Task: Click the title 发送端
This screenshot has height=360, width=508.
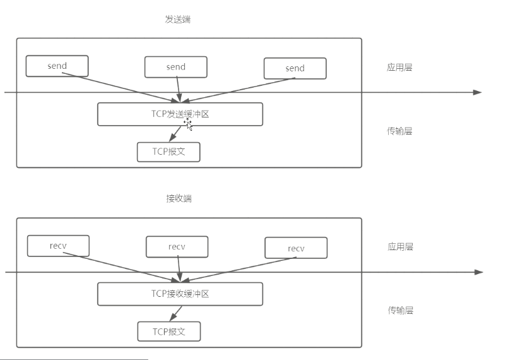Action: click(x=177, y=19)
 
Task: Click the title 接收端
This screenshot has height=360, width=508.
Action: click(x=179, y=198)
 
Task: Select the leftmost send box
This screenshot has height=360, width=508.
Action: click(x=57, y=66)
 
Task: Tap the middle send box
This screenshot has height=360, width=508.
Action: click(x=175, y=67)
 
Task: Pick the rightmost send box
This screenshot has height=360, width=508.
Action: click(x=295, y=68)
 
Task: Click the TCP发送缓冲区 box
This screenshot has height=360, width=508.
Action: click(x=180, y=114)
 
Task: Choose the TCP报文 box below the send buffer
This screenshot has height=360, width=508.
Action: click(x=168, y=152)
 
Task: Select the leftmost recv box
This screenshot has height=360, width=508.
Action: click(x=58, y=245)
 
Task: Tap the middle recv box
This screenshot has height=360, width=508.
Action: click(x=177, y=246)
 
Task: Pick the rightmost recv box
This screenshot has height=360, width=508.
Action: click(x=296, y=248)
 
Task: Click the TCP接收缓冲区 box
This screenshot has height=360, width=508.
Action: click(x=180, y=294)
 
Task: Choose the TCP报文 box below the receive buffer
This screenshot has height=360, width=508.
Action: click(x=168, y=332)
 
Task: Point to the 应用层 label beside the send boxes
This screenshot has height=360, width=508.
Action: click(x=399, y=67)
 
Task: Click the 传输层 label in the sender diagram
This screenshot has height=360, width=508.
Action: click(x=399, y=131)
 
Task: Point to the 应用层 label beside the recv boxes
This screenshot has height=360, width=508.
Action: click(x=400, y=247)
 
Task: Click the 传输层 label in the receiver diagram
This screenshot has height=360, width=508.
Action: click(x=400, y=310)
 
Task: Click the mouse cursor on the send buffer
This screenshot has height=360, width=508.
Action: click(x=188, y=123)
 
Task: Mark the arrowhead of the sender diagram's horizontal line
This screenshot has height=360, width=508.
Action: click(x=478, y=92)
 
